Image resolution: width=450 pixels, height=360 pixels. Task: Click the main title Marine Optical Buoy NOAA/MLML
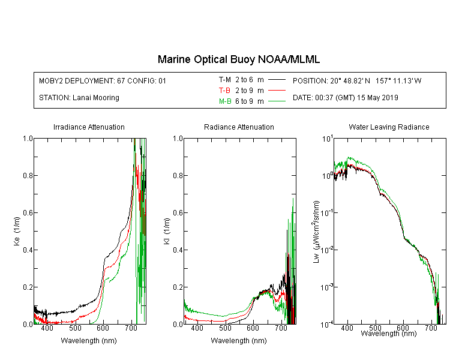[238, 59]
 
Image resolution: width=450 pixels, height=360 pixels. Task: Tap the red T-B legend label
[224, 91]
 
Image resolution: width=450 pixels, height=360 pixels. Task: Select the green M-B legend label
[225, 101]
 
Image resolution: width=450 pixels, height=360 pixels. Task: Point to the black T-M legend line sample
[277, 80]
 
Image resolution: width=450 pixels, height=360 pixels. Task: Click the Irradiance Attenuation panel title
[89, 127]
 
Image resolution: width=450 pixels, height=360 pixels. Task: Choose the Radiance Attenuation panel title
[239, 127]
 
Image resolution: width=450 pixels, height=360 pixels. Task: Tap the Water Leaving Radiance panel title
[389, 127]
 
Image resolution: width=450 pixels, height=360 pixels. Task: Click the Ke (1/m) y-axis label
[17, 231]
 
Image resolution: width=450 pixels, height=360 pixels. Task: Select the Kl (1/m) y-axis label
[167, 231]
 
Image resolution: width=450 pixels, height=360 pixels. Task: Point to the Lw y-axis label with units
[316, 232]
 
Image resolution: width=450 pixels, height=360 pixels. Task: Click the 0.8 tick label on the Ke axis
[28, 175]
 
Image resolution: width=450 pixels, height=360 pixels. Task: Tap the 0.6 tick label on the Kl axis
[178, 213]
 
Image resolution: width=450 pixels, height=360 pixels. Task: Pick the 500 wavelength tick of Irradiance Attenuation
[75, 328]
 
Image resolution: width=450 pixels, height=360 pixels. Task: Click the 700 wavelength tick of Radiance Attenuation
[281, 328]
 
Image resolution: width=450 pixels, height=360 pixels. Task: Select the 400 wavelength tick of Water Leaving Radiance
[347, 328]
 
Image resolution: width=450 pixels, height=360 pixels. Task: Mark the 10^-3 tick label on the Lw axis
[327, 287]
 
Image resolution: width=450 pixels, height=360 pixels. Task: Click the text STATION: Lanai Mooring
[79, 98]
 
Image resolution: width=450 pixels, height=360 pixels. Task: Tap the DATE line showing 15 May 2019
[345, 98]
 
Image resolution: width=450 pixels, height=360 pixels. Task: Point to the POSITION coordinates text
[357, 80]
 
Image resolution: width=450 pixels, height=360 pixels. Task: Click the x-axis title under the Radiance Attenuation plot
[239, 340]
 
